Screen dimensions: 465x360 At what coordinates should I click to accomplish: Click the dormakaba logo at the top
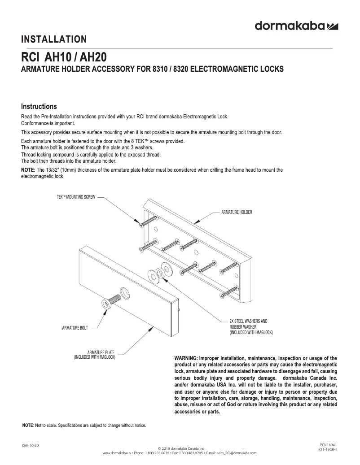coord(296,26)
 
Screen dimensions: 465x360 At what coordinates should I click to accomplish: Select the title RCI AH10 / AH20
coord(64,59)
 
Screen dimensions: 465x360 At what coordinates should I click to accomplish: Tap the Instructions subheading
coord(39,107)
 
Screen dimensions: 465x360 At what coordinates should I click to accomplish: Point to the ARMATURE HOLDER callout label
coord(237,212)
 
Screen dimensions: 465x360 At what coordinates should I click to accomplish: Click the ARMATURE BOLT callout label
coord(75,329)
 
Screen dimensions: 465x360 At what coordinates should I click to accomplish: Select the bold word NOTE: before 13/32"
coord(29,170)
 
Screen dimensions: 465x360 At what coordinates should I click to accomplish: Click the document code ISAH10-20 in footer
coord(30,445)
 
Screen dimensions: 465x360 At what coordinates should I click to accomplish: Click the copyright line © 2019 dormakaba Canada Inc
coord(181,448)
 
